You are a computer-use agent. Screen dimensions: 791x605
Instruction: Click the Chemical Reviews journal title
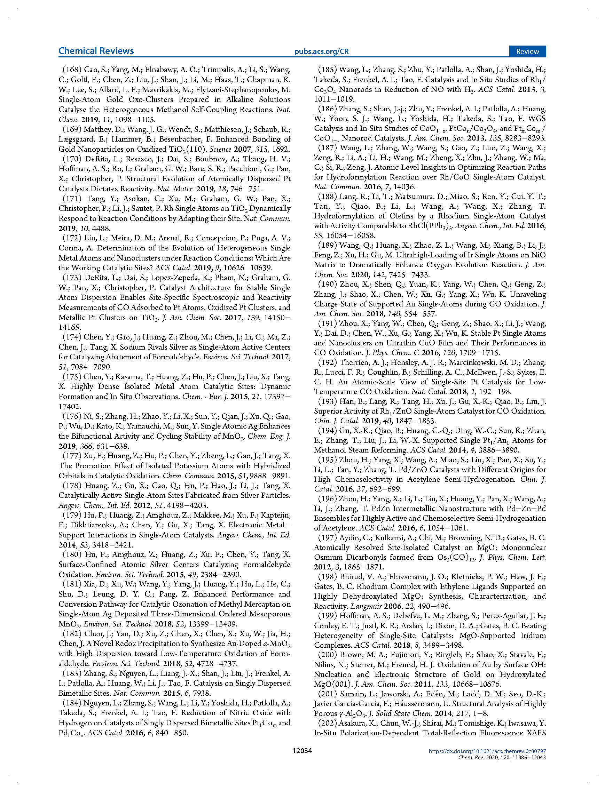(96, 51)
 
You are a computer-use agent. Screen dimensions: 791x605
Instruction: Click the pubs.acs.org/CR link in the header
(321, 51)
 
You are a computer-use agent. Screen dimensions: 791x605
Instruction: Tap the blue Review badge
(527, 51)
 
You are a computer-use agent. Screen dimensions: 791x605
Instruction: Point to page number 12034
(302, 751)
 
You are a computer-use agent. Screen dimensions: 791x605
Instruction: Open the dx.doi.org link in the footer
(487, 751)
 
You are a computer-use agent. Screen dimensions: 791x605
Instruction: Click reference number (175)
(72, 377)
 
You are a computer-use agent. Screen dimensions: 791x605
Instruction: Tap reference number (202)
(327, 723)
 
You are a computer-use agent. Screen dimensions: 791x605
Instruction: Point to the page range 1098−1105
(135, 119)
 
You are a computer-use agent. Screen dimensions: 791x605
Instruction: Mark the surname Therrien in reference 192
(353, 362)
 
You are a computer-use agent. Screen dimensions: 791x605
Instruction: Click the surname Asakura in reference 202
(354, 723)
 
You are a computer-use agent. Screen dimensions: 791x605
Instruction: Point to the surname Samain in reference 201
(352, 694)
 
